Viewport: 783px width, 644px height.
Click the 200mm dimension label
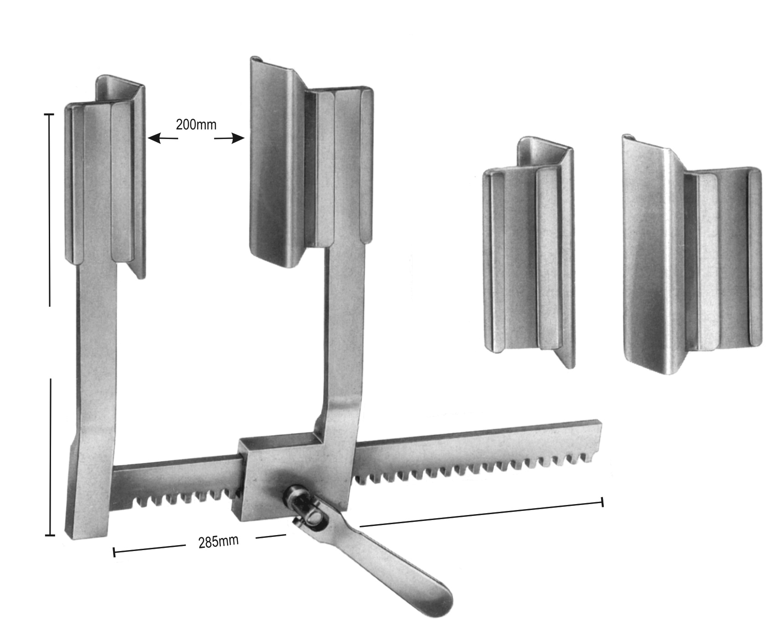click(196, 124)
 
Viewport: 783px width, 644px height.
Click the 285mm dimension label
click(218, 541)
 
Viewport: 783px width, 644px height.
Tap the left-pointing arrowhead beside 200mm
click(155, 138)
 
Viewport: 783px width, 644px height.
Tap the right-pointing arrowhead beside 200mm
click(238, 138)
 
